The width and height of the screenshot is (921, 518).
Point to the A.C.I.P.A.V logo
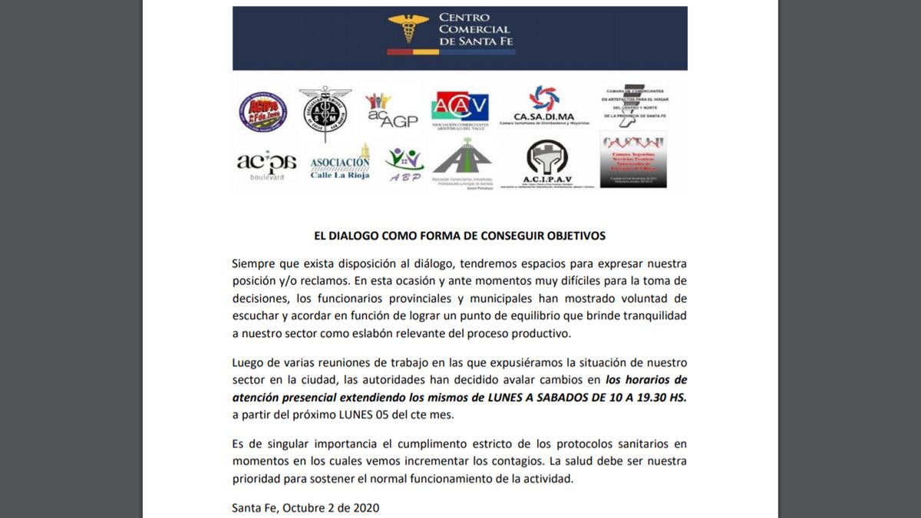tap(546, 163)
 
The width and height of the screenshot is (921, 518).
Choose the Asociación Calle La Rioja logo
tap(340, 163)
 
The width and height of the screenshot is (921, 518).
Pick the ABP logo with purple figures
tap(404, 164)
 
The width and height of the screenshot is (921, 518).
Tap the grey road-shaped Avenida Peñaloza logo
tap(461, 164)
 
